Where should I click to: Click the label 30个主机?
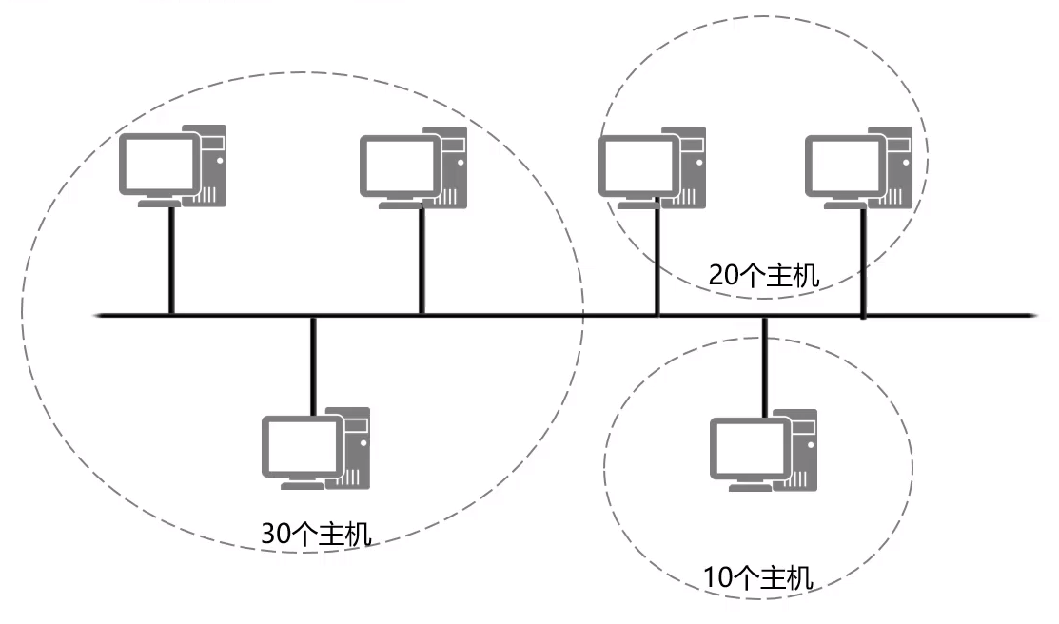tap(316, 534)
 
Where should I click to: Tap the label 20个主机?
tap(763, 275)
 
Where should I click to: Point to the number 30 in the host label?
tap(274, 534)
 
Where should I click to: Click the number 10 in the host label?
tap(716, 577)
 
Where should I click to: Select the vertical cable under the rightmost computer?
tap(863, 263)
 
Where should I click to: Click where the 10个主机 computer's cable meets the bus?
tap(764, 315)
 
